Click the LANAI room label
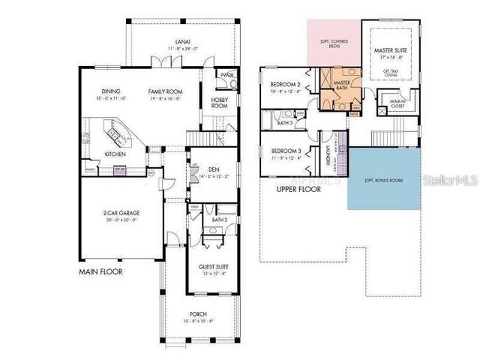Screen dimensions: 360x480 [x=182, y=42]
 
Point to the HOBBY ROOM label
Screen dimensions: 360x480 [x=219, y=103]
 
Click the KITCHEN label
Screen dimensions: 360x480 [x=114, y=154]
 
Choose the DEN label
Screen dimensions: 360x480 [x=213, y=169]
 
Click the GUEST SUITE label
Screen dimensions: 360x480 [x=213, y=266]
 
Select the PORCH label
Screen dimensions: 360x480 [x=198, y=313]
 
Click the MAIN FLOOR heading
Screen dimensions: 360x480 [x=101, y=271]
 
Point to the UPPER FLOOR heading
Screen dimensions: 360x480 [x=298, y=190]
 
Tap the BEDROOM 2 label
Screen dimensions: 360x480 [x=285, y=84]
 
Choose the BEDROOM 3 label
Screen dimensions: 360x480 [x=285, y=149]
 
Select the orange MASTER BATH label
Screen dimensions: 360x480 [x=342, y=85]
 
